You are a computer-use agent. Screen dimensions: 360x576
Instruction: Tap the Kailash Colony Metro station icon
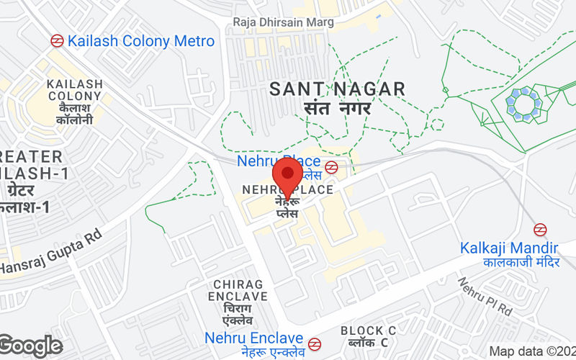coord(56,41)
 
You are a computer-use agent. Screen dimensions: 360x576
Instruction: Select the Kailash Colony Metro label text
coord(141,41)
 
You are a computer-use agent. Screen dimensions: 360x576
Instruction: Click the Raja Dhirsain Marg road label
coord(283,22)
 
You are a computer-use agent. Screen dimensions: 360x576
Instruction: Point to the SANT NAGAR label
coord(337,89)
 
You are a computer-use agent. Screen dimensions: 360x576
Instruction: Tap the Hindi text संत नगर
coord(337,109)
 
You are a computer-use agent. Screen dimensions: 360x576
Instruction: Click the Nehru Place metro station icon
coord(331,168)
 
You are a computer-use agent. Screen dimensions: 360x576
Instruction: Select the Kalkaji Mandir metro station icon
coord(540,230)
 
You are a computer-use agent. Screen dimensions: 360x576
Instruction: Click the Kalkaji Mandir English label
coord(510,248)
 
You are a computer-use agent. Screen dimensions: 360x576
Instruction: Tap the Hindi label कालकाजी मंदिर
coord(521,263)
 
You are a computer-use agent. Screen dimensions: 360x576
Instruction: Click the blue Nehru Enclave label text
coord(253,338)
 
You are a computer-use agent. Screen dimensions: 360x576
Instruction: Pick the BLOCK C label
coord(369,330)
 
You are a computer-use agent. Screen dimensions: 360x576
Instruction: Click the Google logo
coord(31,346)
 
